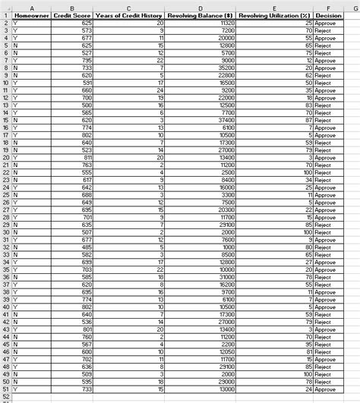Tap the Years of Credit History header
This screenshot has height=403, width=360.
128,14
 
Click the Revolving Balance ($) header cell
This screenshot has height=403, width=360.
199,14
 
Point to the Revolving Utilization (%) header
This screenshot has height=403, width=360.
273,14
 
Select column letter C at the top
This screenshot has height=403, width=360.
128,6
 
